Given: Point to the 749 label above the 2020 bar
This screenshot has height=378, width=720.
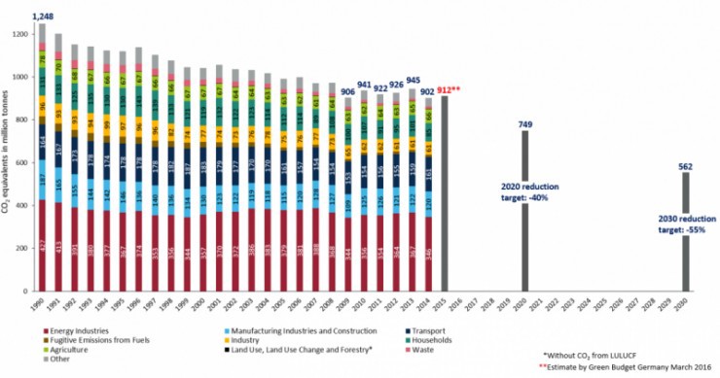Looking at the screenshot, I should click(x=525, y=123).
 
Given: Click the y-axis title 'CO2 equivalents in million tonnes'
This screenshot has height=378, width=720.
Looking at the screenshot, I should click(x=8, y=158).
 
